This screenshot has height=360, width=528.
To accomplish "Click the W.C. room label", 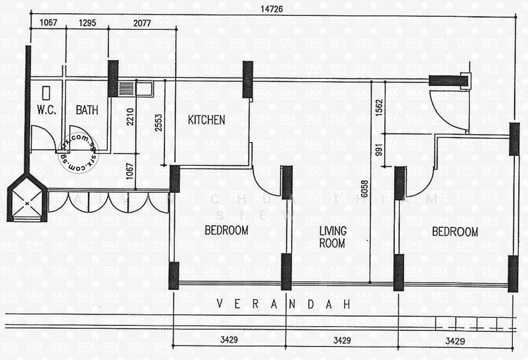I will (x=46, y=110).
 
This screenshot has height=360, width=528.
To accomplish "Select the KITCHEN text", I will (x=207, y=120).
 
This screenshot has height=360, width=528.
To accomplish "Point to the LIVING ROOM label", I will (x=333, y=237).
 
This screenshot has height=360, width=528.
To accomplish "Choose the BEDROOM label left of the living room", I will (x=226, y=231).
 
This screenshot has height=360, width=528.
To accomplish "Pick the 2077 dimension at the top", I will (x=141, y=22).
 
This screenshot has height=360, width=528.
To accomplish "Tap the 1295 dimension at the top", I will (x=88, y=22).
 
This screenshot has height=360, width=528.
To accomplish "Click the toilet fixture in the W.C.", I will (x=46, y=92).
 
